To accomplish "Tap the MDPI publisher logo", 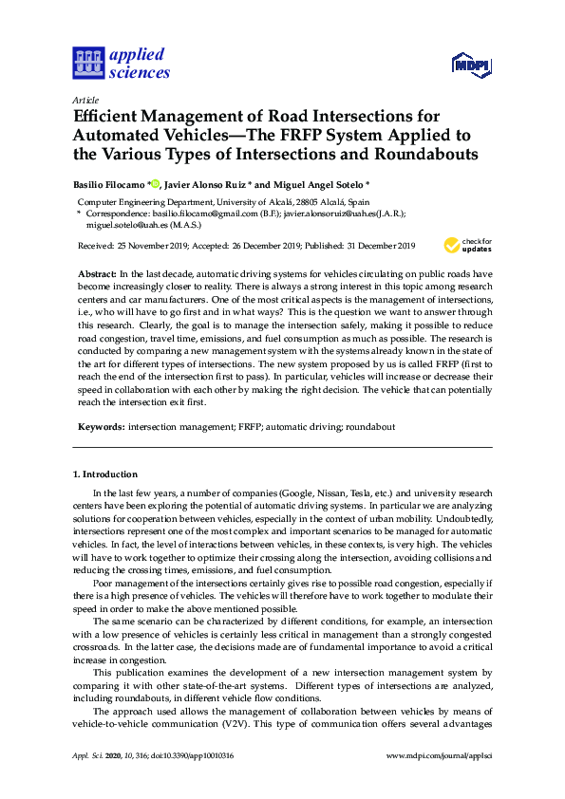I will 472,65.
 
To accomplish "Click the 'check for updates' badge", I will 468,246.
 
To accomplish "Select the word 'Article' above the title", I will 84,99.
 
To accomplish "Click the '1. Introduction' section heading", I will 105,474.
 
